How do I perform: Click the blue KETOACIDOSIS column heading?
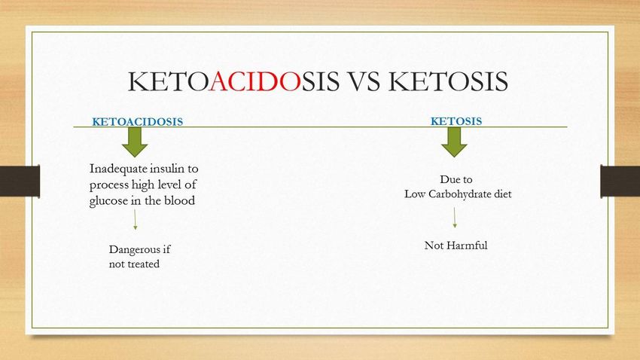click(138, 122)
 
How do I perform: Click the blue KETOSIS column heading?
click(456, 121)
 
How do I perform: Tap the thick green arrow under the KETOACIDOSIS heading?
click(135, 142)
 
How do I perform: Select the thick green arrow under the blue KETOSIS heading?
click(454, 142)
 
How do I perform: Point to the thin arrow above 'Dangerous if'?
click(135, 220)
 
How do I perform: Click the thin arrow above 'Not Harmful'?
click(455, 218)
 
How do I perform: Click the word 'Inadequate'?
click(118, 169)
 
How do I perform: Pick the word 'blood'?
click(180, 200)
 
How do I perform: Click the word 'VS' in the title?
click(364, 81)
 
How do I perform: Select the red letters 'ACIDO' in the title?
click(255, 81)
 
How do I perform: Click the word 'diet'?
click(503, 194)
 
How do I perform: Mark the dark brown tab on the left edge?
click(20, 182)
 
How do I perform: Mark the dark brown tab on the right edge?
click(620, 182)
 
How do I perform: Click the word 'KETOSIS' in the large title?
click(448, 81)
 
